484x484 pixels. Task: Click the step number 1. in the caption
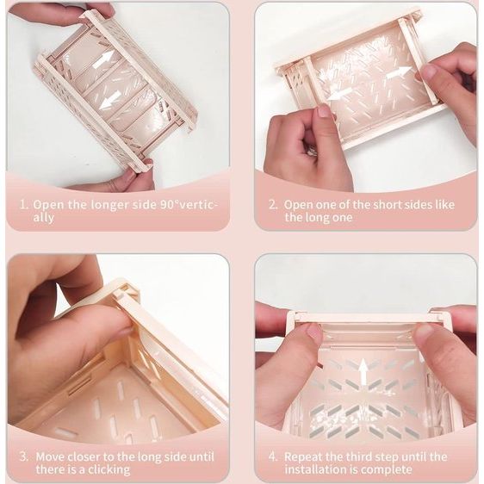[24, 205]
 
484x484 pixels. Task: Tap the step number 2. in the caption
[273, 205]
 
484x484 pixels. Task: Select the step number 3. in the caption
[24, 456]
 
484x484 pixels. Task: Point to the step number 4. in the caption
[273, 456]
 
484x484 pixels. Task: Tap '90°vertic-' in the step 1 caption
[189, 205]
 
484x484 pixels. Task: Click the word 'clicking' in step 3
[109, 470]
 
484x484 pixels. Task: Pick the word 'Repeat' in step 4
[302, 457]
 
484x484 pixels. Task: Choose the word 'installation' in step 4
[315, 469]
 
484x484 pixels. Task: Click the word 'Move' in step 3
[50, 456]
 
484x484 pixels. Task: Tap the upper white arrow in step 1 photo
[104, 60]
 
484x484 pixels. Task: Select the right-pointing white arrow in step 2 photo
[400, 72]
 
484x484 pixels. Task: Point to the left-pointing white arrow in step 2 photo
[340, 94]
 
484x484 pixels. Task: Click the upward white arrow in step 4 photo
[363, 371]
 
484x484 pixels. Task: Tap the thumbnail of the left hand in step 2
[324, 111]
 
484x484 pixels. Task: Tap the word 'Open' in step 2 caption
[298, 206]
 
